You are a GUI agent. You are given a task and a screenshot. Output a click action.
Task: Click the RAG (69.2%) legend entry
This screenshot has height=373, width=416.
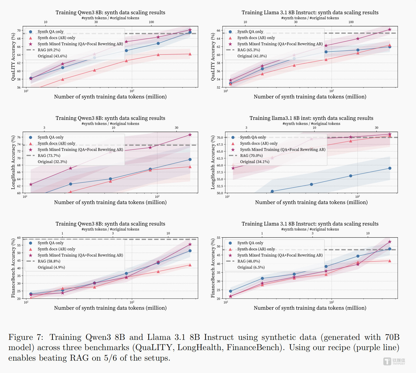[49, 50]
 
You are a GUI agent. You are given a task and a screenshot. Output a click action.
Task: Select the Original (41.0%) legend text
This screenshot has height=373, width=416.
[252, 56]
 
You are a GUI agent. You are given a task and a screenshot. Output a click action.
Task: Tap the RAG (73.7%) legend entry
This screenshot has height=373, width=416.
[49, 156]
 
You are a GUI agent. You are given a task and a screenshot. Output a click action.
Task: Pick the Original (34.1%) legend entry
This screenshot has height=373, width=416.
[255, 162]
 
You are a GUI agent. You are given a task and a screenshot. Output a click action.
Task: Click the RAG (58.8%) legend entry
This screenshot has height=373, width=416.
[49, 261]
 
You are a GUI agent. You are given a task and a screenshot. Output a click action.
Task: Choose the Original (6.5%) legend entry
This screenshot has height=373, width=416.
[251, 267]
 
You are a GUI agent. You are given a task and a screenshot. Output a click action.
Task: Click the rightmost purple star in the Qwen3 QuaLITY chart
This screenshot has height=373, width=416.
[190, 30]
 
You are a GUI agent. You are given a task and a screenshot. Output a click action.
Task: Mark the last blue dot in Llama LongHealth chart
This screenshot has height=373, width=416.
[390, 168]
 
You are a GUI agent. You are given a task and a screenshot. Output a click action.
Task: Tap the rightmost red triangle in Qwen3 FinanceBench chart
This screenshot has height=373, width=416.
[190, 265]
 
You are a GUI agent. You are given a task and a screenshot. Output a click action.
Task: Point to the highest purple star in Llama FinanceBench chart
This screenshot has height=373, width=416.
[390, 242]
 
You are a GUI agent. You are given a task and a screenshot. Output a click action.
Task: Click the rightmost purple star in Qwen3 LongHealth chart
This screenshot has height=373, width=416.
[190, 135]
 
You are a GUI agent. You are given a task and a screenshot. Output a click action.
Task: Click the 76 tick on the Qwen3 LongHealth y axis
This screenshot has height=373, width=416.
[19, 137]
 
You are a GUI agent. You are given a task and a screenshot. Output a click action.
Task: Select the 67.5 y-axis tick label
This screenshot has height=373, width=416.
[220, 144]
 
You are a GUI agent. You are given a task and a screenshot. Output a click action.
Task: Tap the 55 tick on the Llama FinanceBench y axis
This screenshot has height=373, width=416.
[219, 238]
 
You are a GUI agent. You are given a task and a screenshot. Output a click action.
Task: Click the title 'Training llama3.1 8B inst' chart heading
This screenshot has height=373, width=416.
[311, 118]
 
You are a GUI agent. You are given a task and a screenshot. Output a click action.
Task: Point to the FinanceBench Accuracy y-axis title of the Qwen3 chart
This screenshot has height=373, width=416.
[13, 268]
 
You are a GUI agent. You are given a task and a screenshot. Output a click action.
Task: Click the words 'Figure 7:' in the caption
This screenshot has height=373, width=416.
[26, 337]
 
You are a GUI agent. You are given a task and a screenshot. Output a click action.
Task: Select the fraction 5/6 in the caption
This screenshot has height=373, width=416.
[110, 358]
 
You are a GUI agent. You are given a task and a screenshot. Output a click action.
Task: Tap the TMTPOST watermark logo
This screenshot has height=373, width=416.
[394, 361]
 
